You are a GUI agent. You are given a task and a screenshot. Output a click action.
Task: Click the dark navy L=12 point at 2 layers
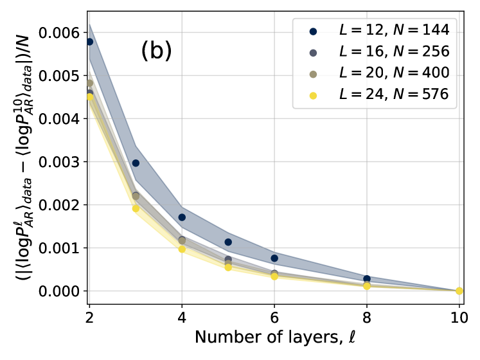(x=89, y=42)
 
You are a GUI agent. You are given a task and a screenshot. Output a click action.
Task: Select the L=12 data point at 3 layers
(x=136, y=163)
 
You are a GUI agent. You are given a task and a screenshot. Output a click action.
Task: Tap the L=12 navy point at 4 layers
(x=182, y=217)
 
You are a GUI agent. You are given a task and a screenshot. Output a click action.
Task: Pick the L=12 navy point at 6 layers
(x=274, y=258)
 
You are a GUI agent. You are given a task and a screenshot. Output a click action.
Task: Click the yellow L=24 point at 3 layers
(x=136, y=208)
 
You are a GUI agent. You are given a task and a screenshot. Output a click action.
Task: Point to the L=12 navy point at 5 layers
(x=228, y=242)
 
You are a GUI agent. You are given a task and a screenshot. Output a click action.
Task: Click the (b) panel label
(x=156, y=52)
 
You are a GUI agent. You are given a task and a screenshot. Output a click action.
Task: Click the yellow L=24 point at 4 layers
(x=182, y=249)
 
